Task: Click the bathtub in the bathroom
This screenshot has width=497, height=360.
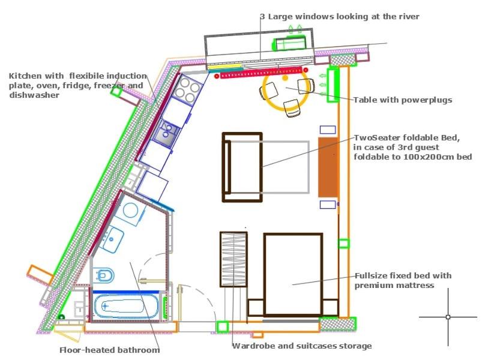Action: point(126,306)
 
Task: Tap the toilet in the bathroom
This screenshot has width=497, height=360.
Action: point(104,275)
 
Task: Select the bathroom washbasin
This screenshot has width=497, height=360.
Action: point(111,239)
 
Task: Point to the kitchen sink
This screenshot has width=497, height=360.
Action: point(166,132)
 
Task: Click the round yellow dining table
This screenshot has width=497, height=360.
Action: point(285,91)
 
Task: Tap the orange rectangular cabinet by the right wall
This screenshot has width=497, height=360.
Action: point(328,167)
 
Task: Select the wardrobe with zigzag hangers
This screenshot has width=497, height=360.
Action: point(233,259)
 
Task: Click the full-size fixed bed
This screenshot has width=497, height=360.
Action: point(293,274)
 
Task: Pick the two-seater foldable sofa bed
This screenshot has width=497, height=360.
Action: point(242,167)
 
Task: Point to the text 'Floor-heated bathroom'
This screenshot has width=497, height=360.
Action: point(110,350)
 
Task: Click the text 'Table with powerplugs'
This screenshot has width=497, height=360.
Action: point(403,100)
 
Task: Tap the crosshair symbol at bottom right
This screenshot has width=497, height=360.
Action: point(448,317)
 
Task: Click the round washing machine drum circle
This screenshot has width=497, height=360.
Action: point(130,210)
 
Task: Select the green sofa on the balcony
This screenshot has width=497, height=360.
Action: point(289,43)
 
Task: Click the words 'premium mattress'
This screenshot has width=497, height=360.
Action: point(394,286)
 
